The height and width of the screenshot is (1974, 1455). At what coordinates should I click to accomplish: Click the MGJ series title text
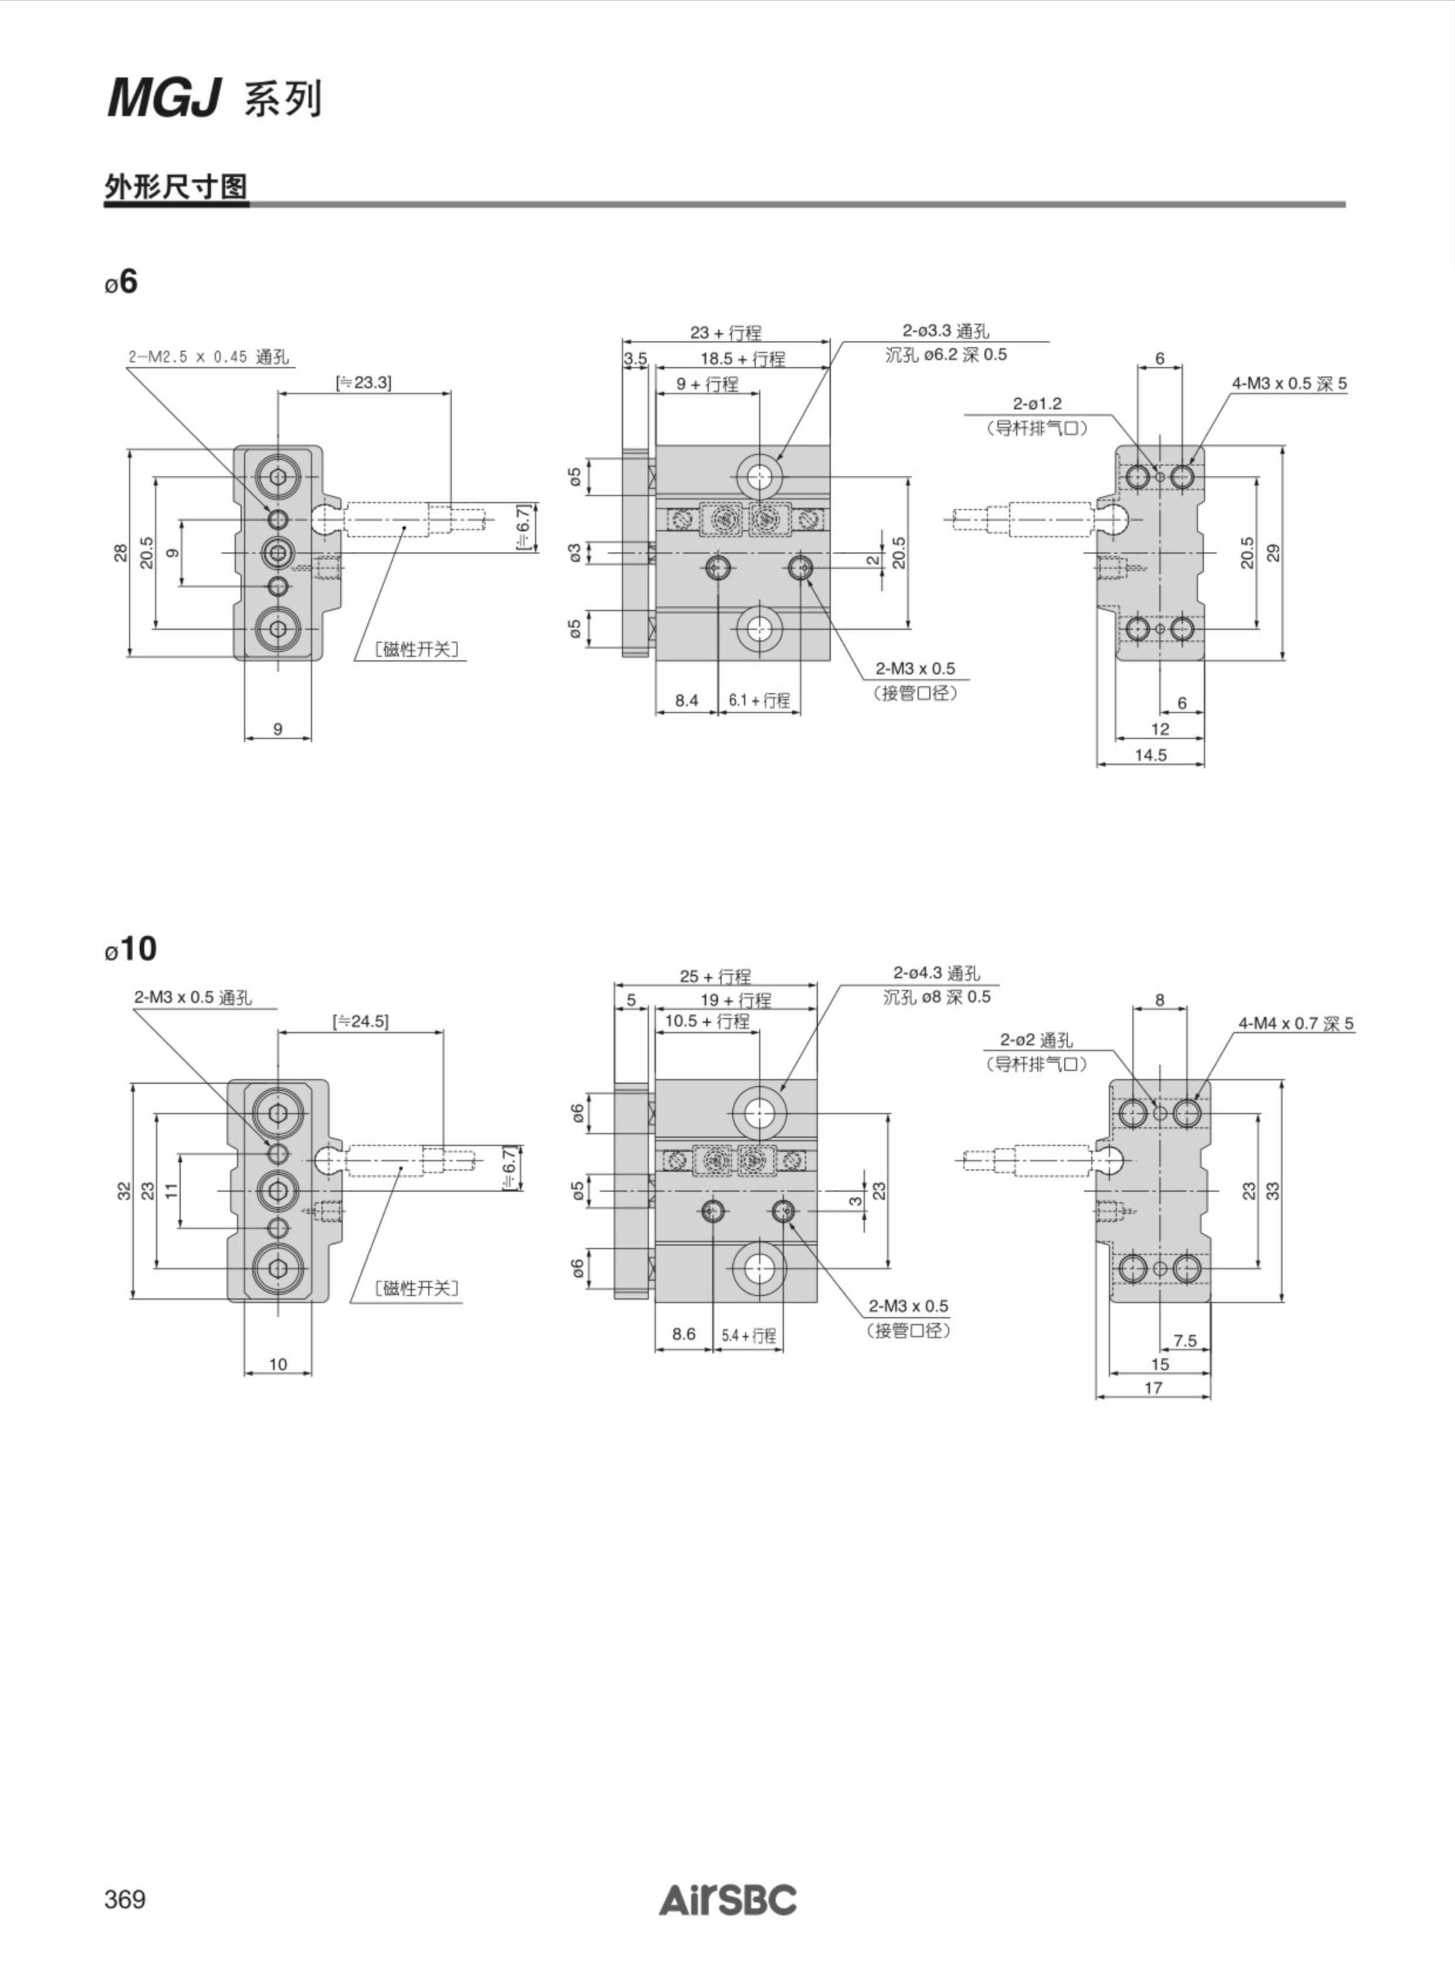coord(215,99)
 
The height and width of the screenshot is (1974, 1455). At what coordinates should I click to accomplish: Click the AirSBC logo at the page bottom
coord(727,1900)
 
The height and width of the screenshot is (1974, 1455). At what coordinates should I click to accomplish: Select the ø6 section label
coord(121,281)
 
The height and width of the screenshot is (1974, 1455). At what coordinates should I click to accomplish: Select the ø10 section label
coord(130,949)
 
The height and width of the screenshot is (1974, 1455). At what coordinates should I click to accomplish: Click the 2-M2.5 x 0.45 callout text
coord(208,358)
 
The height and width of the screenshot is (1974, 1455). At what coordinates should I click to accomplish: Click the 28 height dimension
coord(121,553)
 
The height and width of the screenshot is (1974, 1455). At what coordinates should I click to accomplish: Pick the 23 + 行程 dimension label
coord(726,333)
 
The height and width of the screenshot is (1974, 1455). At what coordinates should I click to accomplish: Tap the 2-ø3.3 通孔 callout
coord(946,331)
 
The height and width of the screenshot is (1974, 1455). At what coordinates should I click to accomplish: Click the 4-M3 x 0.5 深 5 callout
coord(1288,384)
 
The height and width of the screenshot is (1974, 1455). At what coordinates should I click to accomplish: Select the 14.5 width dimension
coord(1151,755)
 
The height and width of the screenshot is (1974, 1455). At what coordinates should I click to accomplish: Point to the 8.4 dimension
coord(687,700)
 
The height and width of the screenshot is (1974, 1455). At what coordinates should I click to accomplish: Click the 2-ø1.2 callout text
coord(1037,404)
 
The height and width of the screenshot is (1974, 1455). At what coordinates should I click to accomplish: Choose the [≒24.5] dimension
coord(360,1022)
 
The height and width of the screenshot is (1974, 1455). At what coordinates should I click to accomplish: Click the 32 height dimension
coord(125,1190)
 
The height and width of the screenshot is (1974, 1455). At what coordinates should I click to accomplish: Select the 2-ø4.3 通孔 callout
coord(936,973)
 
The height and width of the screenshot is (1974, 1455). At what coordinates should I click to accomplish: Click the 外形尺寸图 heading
coord(176,186)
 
